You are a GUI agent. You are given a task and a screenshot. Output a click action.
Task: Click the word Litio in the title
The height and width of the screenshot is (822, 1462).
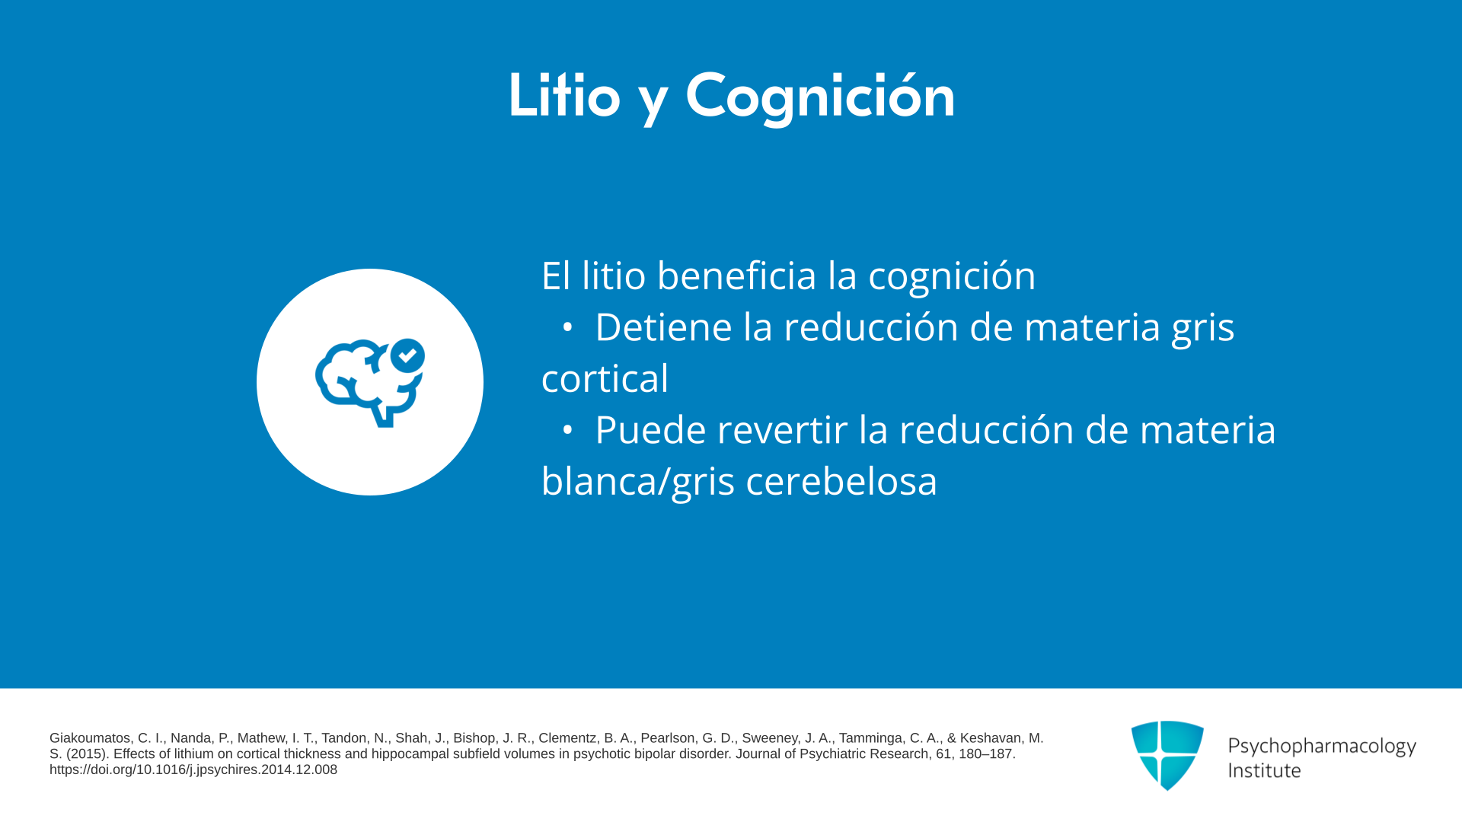click(564, 95)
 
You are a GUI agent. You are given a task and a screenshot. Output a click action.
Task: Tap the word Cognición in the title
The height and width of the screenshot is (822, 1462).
click(820, 97)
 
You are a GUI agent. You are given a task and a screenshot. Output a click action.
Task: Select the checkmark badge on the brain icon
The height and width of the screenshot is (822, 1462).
click(407, 355)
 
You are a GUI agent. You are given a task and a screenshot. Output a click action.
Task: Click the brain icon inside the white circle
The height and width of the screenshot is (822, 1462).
click(370, 382)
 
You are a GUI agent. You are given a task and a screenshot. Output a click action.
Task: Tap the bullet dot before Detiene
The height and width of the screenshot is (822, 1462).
click(567, 327)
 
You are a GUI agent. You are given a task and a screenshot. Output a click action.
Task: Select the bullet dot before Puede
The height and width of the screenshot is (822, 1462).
click(567, 430)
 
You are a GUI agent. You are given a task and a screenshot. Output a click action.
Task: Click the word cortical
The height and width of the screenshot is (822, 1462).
click(605, 378)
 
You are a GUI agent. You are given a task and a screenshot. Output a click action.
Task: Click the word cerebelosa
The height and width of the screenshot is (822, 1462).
click(841, 481)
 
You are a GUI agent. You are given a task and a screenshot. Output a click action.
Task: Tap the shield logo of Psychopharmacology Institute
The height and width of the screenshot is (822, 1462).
click(1167, 755)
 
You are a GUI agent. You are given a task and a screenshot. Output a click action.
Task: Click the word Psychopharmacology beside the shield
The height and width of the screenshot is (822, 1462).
click(1322, 746)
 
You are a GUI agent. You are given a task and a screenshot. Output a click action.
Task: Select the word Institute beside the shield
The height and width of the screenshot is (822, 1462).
click(1264, 770)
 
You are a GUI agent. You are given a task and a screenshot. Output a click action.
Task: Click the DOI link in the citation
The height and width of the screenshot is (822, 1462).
click(193, 769)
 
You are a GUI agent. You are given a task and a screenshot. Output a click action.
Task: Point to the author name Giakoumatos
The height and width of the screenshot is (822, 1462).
click(90, 738)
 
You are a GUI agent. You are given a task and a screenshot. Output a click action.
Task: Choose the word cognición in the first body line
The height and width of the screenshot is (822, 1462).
click(952, 276)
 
